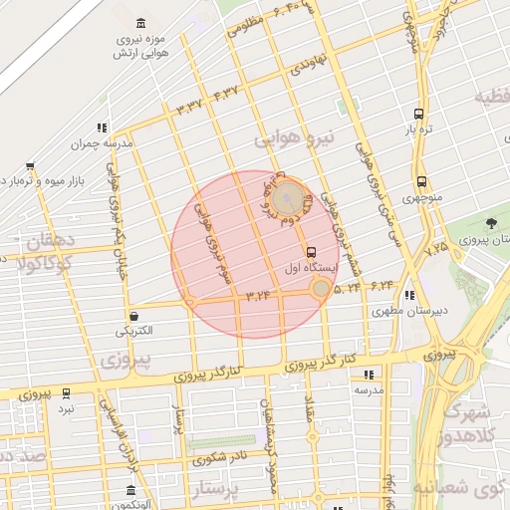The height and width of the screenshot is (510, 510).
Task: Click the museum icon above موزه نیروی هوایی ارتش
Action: (138, 23)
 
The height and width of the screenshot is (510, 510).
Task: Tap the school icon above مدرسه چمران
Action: (101, 127)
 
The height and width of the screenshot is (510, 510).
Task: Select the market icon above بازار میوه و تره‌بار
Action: (31, 166)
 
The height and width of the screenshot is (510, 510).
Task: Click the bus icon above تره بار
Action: (418, 114)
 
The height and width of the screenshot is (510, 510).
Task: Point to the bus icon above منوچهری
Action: (422, 182)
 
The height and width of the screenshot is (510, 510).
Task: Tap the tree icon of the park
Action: (490, 224)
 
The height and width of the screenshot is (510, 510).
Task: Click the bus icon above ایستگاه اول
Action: (312, 252)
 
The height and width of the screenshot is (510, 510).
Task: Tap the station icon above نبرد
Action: (66, 393)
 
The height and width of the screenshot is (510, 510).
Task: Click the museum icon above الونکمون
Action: (130, 490)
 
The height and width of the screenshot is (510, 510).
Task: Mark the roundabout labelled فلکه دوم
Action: (288, 197)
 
